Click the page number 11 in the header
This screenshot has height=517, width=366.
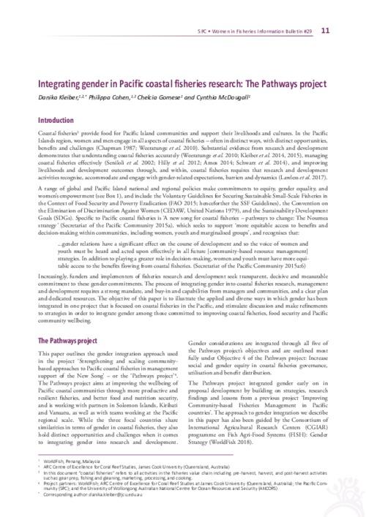tap(346, 10)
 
